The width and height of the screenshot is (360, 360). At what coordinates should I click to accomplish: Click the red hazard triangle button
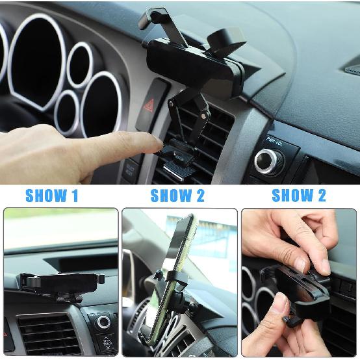pyautogui.click(x=149, y=105)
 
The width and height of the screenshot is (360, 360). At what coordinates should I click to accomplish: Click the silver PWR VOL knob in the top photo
pyautogui.click(x=268, y=160)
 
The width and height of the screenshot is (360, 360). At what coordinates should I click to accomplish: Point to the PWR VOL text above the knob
pyautogui.click(x=274, y=140)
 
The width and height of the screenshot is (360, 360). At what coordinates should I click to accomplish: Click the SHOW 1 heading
pyautogui.click(x=52, y=196)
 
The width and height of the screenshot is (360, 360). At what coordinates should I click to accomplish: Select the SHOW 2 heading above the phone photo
pyautogui.click(x=177, y=196)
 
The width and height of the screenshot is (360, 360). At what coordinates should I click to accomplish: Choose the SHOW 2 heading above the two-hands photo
pyautogui.click(x=299, y=196)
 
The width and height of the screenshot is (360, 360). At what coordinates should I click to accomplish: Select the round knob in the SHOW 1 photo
pyautogui.click(x=103, y=322)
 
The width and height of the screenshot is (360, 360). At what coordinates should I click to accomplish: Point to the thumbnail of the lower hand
pyautogui.click(x=280, y=303)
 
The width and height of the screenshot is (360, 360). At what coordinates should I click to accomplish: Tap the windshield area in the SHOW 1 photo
pyautogui.click(x=58, y=227)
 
